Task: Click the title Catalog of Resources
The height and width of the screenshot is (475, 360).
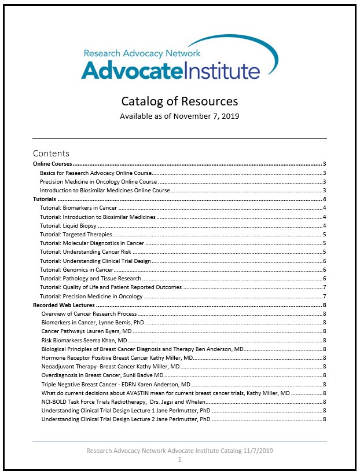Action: tap(179, 101)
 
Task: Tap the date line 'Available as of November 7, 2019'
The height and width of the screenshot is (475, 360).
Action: tap(179, 116)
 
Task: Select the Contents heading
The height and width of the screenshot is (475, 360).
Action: tap(51, 154)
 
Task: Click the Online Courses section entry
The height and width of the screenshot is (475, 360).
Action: tap(56, 164)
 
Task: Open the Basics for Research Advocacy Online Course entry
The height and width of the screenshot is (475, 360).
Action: tap(95, 173)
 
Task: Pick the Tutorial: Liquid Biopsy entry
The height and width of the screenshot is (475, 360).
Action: tap(68, 225)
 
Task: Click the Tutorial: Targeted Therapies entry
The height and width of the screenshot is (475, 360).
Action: tap(76, 234)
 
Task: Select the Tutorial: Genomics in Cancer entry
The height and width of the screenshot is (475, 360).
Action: tap(76, 269)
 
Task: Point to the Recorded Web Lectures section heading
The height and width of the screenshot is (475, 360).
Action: tap(64, 305)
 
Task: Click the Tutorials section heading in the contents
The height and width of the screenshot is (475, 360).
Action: tap(44, 199)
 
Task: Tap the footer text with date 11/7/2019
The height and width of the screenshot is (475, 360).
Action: tap(179, 450)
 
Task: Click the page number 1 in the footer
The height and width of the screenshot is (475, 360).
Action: tap(180, 459)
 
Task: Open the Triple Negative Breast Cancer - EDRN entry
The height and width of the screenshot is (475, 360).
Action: tap(115, 383)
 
